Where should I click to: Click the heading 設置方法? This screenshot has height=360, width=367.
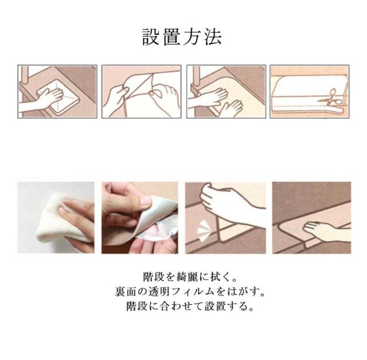click(x=182, y=37)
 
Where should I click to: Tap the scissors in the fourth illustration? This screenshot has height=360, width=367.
click(x=330, y=98)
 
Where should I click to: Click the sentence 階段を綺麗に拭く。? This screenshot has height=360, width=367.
click(x=190, y=277)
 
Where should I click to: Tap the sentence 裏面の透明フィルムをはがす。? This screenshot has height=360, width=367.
click(x=190, y=291)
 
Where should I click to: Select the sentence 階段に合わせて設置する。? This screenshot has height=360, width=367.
click(x=190, y=306)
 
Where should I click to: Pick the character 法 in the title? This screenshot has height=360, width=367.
click(x=213, y=37)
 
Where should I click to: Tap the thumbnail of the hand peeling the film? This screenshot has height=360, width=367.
click(x=140, y=218)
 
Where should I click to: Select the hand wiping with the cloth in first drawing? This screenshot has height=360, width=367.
click(x=42, y=100)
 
